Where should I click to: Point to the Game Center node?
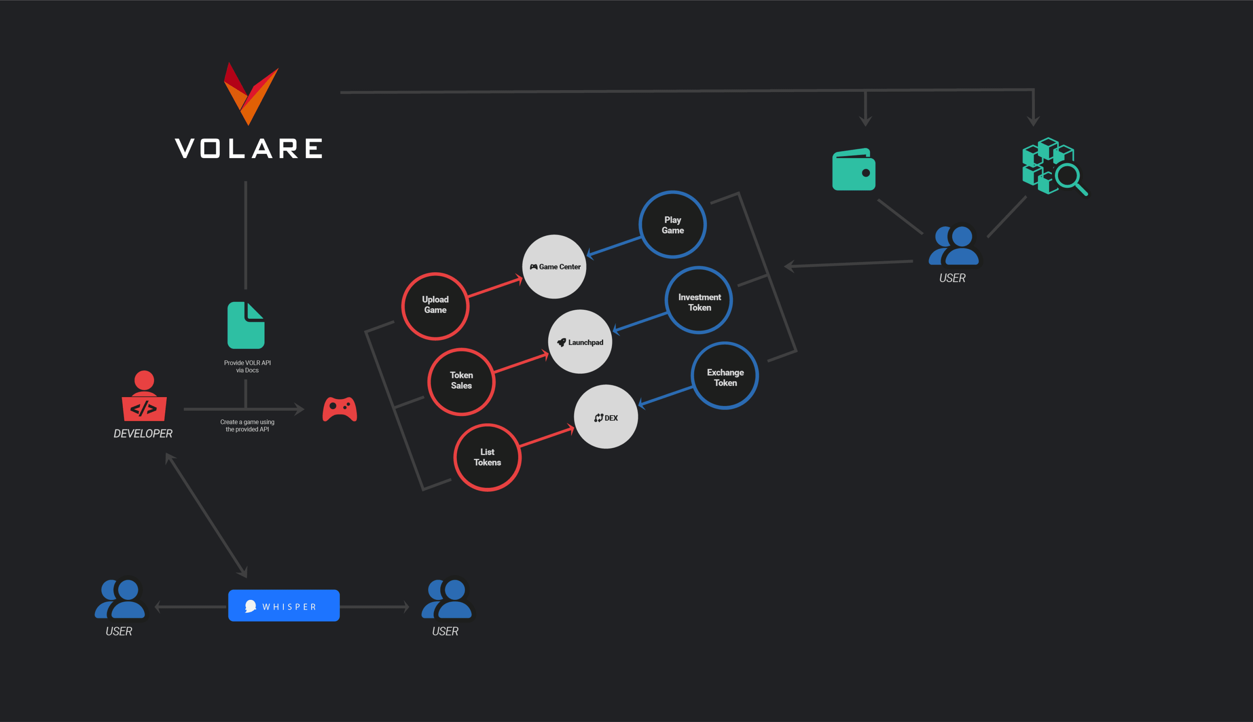tap(554, 267)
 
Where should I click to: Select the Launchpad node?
tap(580, 342)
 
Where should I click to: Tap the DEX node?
tap(606, 417)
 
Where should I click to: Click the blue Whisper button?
tap(284, 605)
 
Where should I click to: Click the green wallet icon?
tap(853, 169)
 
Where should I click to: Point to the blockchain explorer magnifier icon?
tap(1055, 166)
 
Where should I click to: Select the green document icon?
tap(246, 325)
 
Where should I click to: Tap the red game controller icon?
tap(340, 409)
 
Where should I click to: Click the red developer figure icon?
tap(144, 396)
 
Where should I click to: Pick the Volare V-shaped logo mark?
tap(251, 94)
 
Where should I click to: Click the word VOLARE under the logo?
tap(249, 148)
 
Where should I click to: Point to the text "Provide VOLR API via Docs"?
tap(248, 366)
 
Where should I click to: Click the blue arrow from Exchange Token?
tap(666, 396)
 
